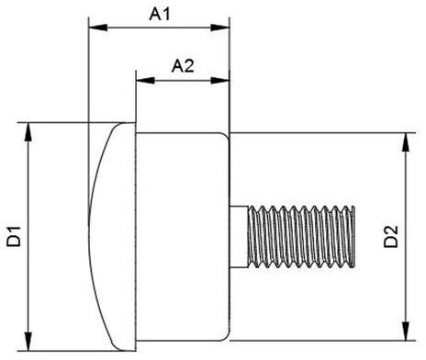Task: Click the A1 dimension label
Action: coord(159,14)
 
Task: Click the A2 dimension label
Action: coord(183,66)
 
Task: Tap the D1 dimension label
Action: coord(14,236)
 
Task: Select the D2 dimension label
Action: coord(391,236)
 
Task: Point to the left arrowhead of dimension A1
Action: coord(98,28)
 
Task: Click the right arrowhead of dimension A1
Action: coord(220,28)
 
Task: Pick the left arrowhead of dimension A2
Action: coord(145,81)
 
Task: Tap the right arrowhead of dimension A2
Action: coord(220,81)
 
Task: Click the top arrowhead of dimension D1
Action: coord(28,132)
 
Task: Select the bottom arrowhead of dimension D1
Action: coord(28,342)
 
